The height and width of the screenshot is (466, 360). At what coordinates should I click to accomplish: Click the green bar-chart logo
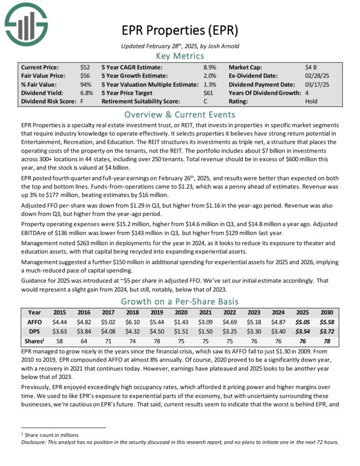click(x=25, y=23)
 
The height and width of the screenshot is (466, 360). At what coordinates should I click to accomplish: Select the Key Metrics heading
click(x=179, y=56)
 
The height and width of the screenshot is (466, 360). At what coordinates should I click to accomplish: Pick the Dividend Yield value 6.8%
click(x=87, y=93)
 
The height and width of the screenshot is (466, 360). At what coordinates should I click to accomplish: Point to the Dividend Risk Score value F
click(x=82, y=101)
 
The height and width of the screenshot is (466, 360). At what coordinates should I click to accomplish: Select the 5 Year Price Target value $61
click(x=208, y=93)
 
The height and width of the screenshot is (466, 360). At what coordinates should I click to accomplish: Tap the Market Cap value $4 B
click(x=308, y=67)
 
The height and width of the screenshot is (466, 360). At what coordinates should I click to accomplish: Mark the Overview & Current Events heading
click(x=179, y=114)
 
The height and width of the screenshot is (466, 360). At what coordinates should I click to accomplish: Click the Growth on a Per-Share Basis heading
click(x=179, y=302)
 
